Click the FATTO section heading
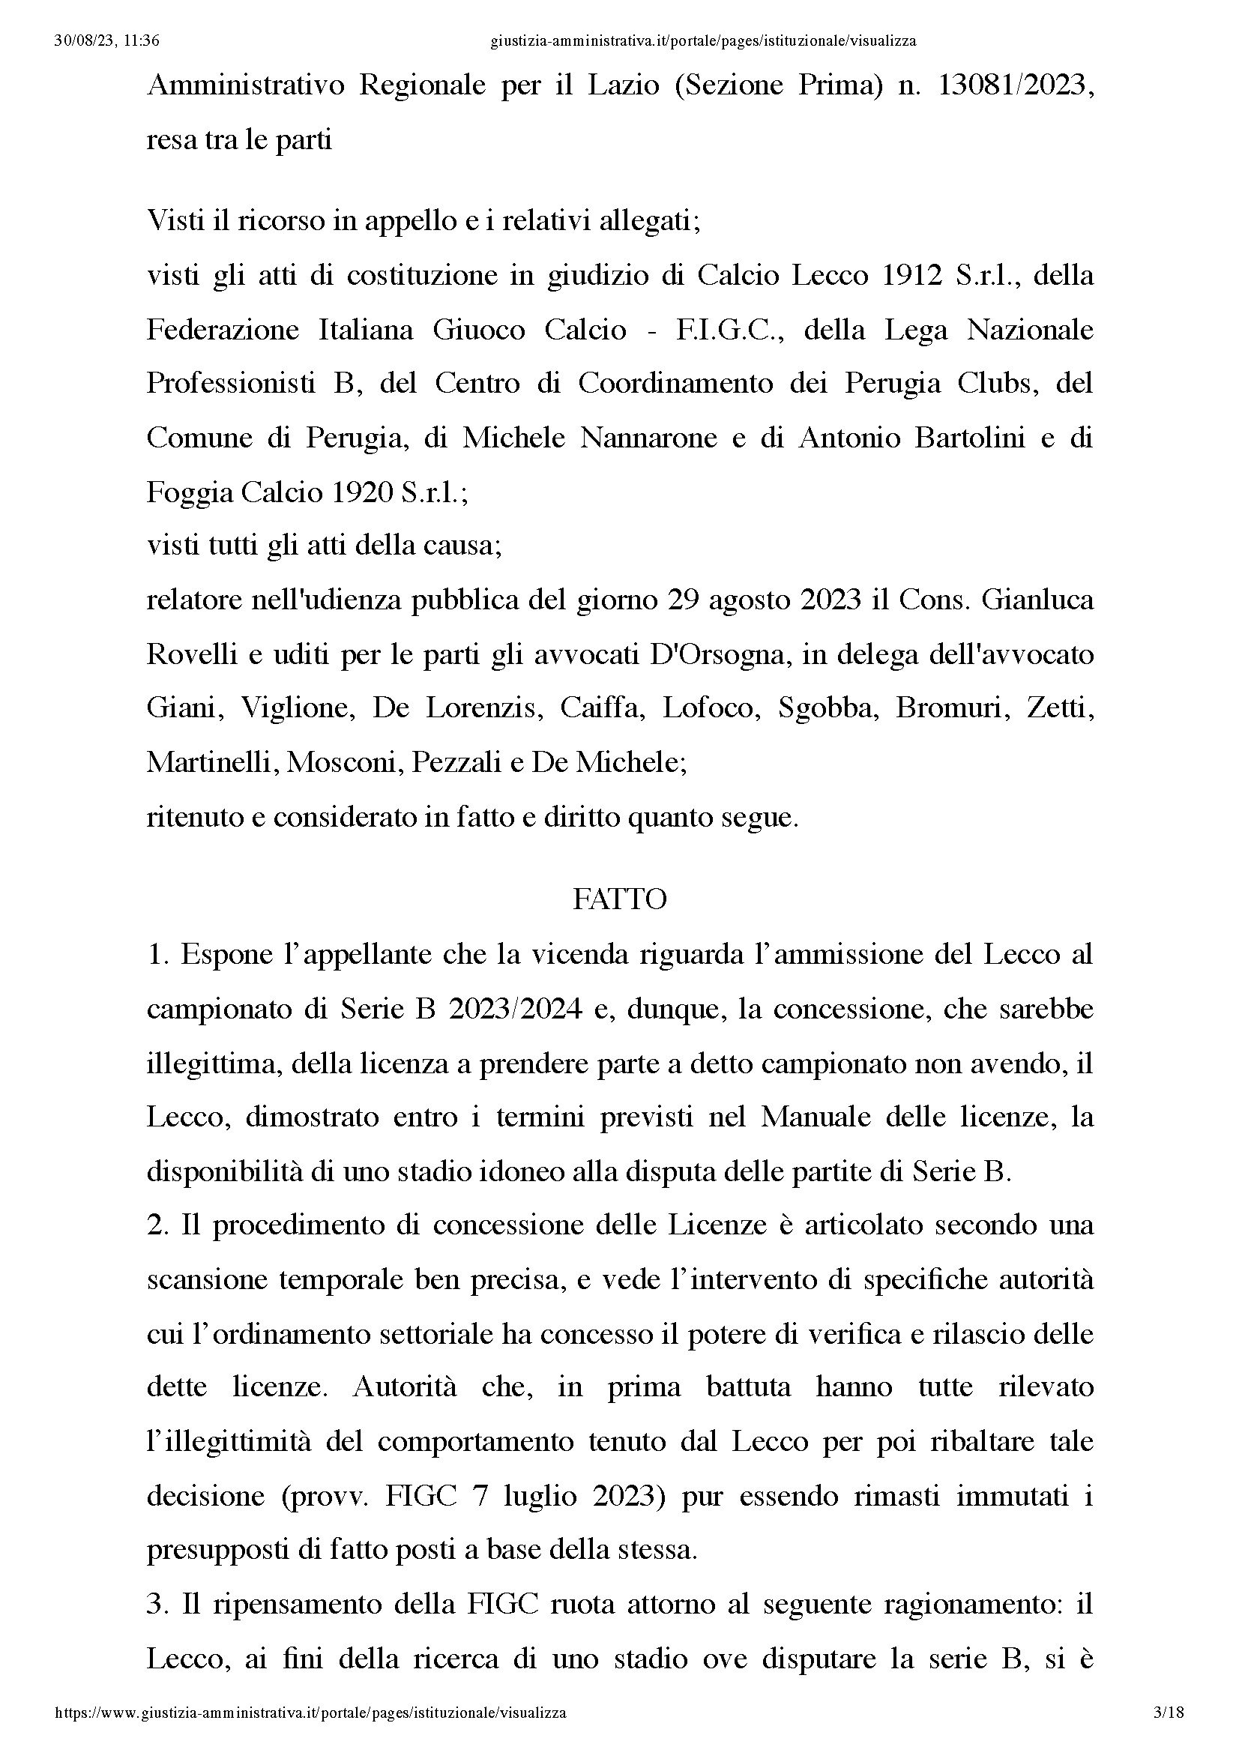coord(619,899)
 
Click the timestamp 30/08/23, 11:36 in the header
coord(107,41)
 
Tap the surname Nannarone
coord(648,438)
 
